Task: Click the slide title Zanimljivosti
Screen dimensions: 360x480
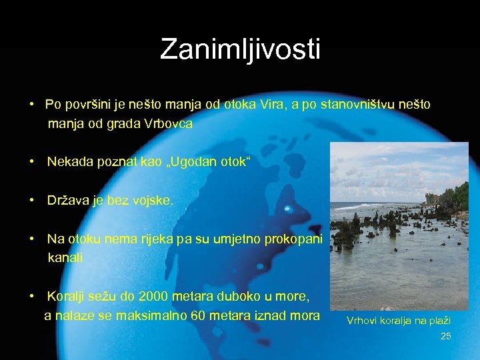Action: pyautogui.click(x=240, y=50)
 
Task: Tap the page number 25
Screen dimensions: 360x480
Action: pyautogui.click(x=446, y=336)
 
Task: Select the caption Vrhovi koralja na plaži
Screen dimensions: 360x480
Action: pyautogui.click(x=399, y=321)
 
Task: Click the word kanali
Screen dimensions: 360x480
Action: pyautogui.click(x=65, y=258)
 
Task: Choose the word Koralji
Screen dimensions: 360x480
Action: pyautogui.click(x=68, y=296)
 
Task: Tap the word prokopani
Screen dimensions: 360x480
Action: pyautogui.click(x=293, y=239)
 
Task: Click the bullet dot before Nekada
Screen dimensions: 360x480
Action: pyautogui.click(x=32, y=163)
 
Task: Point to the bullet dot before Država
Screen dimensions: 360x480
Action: pyautogui.click(x=32, y=201)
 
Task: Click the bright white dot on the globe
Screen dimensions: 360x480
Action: pyautogui.click(x=287, y=208)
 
